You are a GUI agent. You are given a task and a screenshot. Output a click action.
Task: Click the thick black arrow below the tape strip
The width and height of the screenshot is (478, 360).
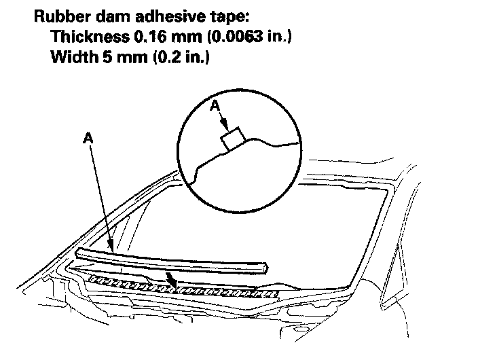click(x=173, y=278)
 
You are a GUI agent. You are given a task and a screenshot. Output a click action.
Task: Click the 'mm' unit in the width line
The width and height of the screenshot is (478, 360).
click(x=121, y=58)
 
